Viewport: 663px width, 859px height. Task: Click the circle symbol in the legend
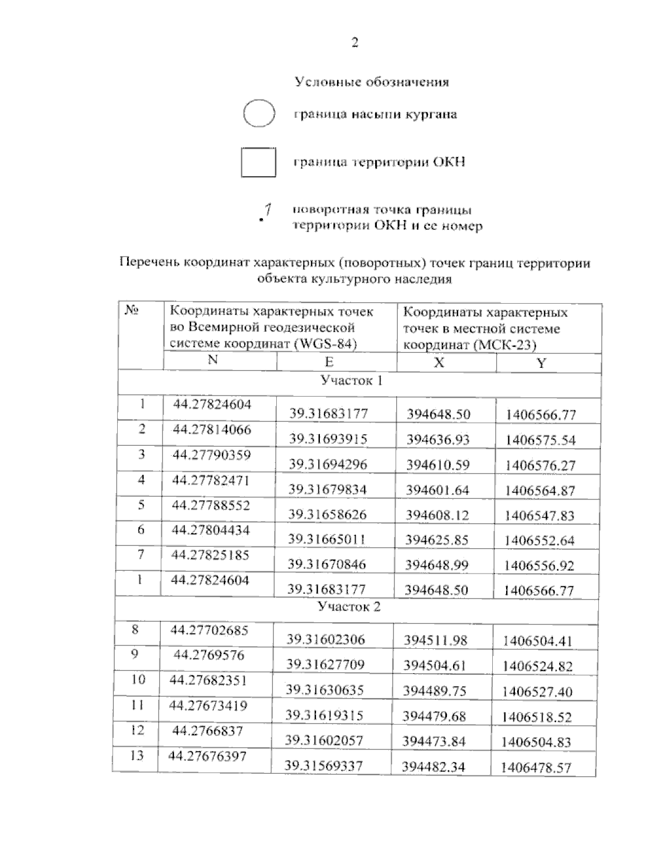coord(259,114)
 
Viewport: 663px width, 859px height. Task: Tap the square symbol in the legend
coord(259,162)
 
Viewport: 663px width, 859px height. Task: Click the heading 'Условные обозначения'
coord(371,82)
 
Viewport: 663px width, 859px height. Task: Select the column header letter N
coord(213,360)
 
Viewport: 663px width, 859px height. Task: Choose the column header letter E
coord(329,362)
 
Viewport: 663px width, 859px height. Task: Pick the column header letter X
coord(439,363)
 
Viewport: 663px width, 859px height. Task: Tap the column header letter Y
coord(542,363)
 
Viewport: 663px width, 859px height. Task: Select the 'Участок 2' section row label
coord(349,607)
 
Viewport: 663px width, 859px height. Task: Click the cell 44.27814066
coord(212,430)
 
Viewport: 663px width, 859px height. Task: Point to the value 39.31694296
coord(328,465)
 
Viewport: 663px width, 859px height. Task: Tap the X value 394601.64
coord(437,490)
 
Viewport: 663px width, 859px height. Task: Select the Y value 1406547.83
coord(539,516)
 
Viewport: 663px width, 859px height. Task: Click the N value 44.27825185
coord(210,555)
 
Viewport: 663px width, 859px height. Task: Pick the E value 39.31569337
coord(324,766)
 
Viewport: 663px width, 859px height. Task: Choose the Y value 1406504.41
coord(537,642)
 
